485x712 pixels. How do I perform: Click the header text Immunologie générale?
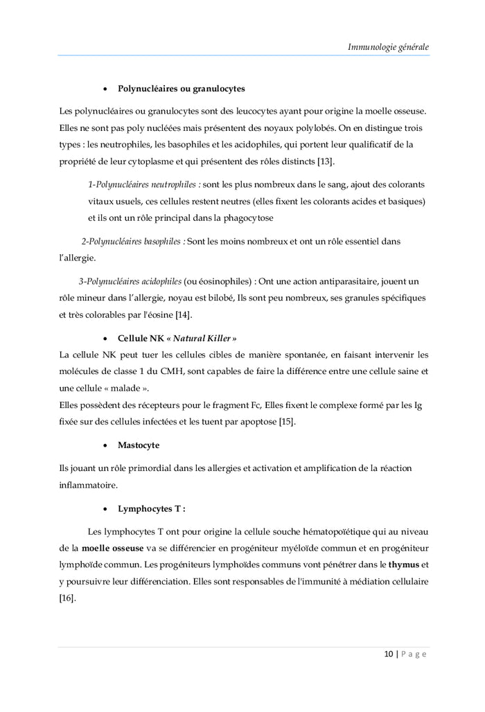[388, 47]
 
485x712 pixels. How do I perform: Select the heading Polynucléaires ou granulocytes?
[181, 89]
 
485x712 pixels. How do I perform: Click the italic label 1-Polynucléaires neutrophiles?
[145, 185]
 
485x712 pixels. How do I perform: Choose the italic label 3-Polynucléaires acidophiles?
[130, 282]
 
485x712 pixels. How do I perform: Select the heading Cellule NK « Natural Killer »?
[177, 338]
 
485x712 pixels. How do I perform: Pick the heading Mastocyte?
[139, 445]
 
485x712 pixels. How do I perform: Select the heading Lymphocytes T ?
[152, 508]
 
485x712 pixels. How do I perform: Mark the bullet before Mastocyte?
[105, 445]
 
